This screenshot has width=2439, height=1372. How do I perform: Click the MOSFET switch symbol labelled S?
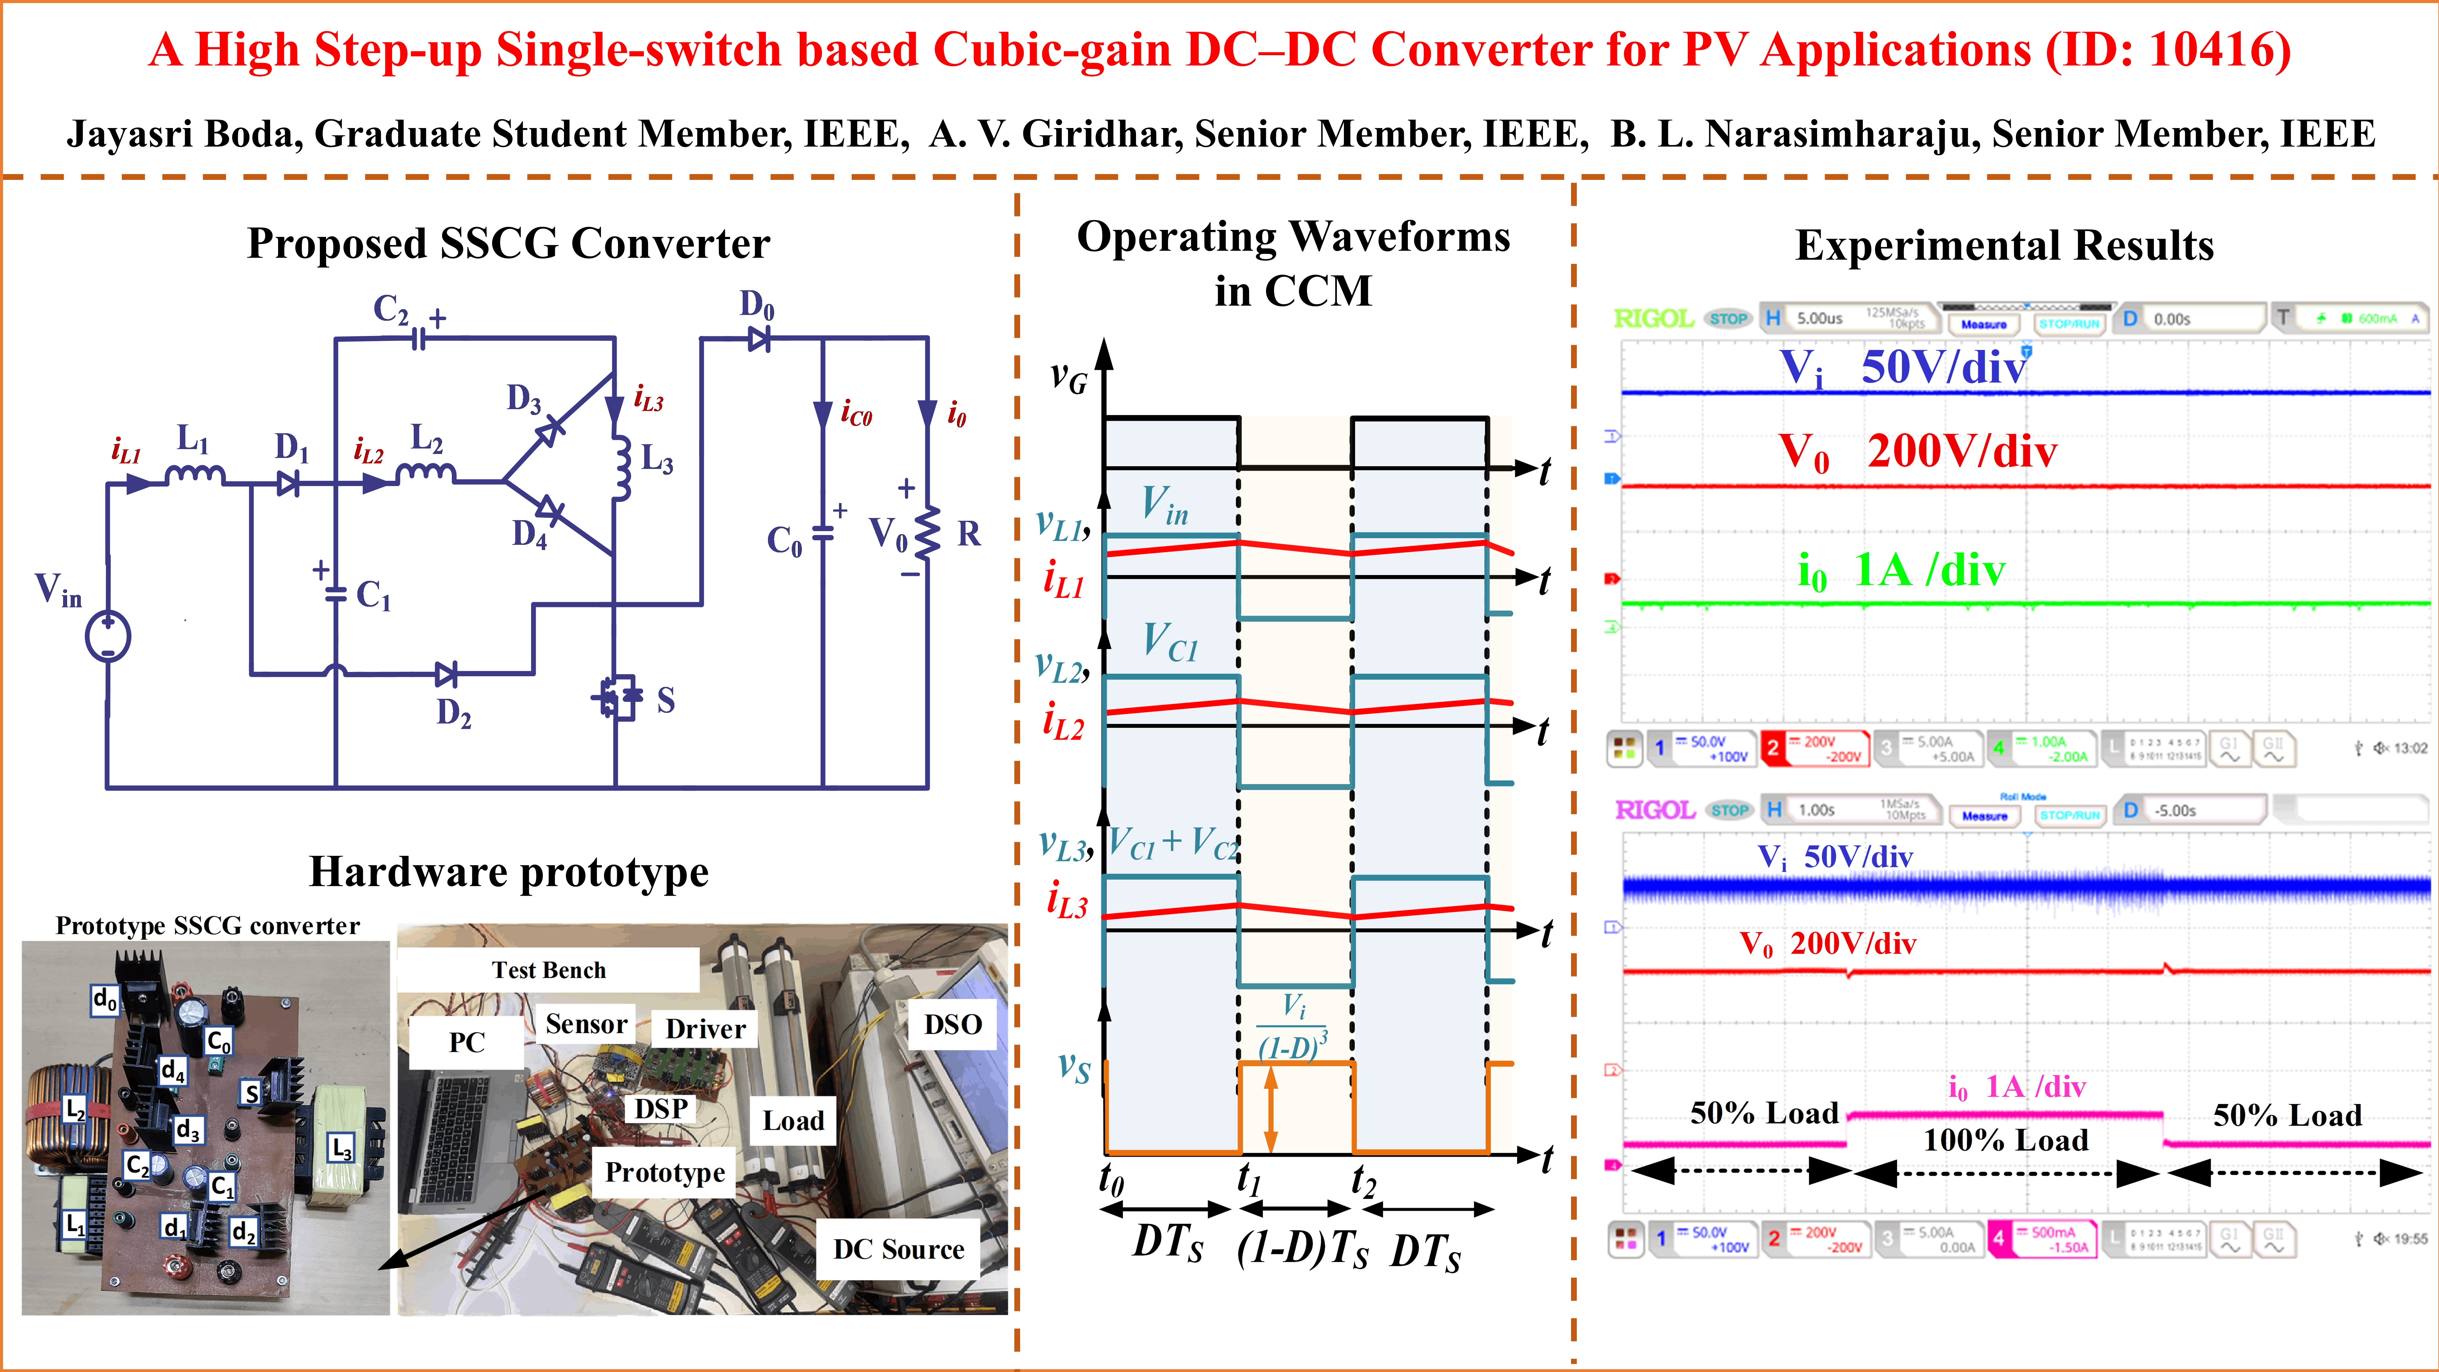point(617,699)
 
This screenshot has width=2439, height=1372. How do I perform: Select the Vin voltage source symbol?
point(108,636)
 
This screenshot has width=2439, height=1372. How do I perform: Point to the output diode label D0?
point(756,305)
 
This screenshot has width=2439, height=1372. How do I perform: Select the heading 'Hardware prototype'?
point(509,871)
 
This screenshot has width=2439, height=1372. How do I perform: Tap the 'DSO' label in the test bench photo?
point(952,1024)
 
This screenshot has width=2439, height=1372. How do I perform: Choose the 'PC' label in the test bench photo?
point(467,1042)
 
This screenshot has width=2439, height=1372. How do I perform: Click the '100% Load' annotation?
point(2005,1140)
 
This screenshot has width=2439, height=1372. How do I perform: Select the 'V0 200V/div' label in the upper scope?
point(1917,452)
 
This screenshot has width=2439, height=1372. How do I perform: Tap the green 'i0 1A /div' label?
point(1901,571)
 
